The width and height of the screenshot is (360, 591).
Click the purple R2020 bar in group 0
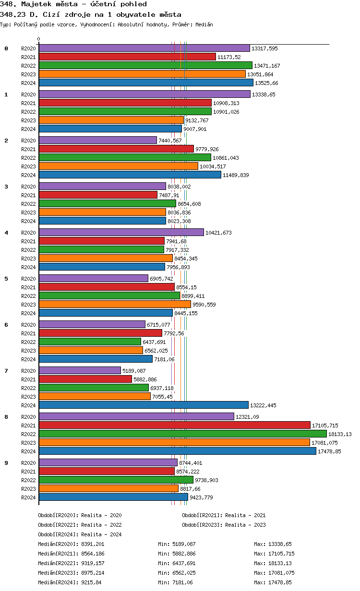coord(144,48)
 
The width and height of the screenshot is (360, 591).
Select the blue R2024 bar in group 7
coord(144,405)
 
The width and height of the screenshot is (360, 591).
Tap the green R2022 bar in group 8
coord(182,434)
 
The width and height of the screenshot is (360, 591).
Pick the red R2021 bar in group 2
coord(116,149)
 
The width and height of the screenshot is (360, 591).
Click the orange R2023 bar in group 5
coord(115,304)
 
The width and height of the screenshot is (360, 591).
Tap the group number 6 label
coord(6,325)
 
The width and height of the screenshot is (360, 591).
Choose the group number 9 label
coord(6,463)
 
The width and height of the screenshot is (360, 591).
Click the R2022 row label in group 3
coord(28,204)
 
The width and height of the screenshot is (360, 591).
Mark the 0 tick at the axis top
coord(39,39)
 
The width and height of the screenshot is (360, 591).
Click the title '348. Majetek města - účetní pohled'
coord(73,4)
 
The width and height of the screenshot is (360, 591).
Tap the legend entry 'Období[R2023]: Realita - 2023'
coord(224,525)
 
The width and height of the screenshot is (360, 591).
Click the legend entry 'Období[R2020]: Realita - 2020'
coord(80,515)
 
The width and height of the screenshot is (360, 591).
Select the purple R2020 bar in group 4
coord(121,232)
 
